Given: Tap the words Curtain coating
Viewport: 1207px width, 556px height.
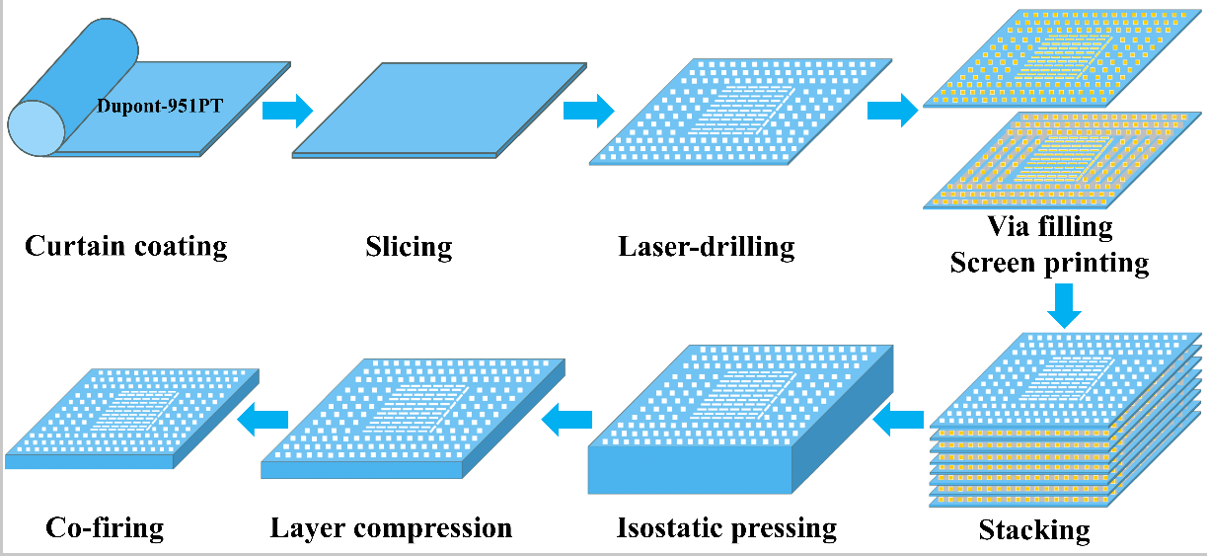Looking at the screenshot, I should click(125, 245).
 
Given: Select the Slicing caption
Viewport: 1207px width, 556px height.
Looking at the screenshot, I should click(408, 245).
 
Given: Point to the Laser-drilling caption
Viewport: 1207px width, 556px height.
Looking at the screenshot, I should click(706, 245).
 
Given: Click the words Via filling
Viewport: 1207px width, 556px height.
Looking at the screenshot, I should click(1050, 227).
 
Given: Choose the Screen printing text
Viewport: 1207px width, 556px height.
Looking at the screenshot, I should click(1050, 263).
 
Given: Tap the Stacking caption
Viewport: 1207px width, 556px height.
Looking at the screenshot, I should click(1034, 530).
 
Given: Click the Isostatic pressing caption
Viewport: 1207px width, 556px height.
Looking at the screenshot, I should click(726, 527).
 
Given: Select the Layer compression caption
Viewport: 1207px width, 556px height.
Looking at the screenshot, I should click(391, 527).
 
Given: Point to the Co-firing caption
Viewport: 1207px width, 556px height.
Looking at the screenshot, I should click(105, 527).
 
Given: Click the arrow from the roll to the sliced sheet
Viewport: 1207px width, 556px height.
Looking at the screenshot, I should click(286, 108).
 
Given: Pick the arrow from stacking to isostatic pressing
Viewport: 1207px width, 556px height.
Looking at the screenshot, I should click(899, 422).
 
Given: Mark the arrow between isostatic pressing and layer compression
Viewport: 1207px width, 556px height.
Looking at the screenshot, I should click(566, 422).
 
